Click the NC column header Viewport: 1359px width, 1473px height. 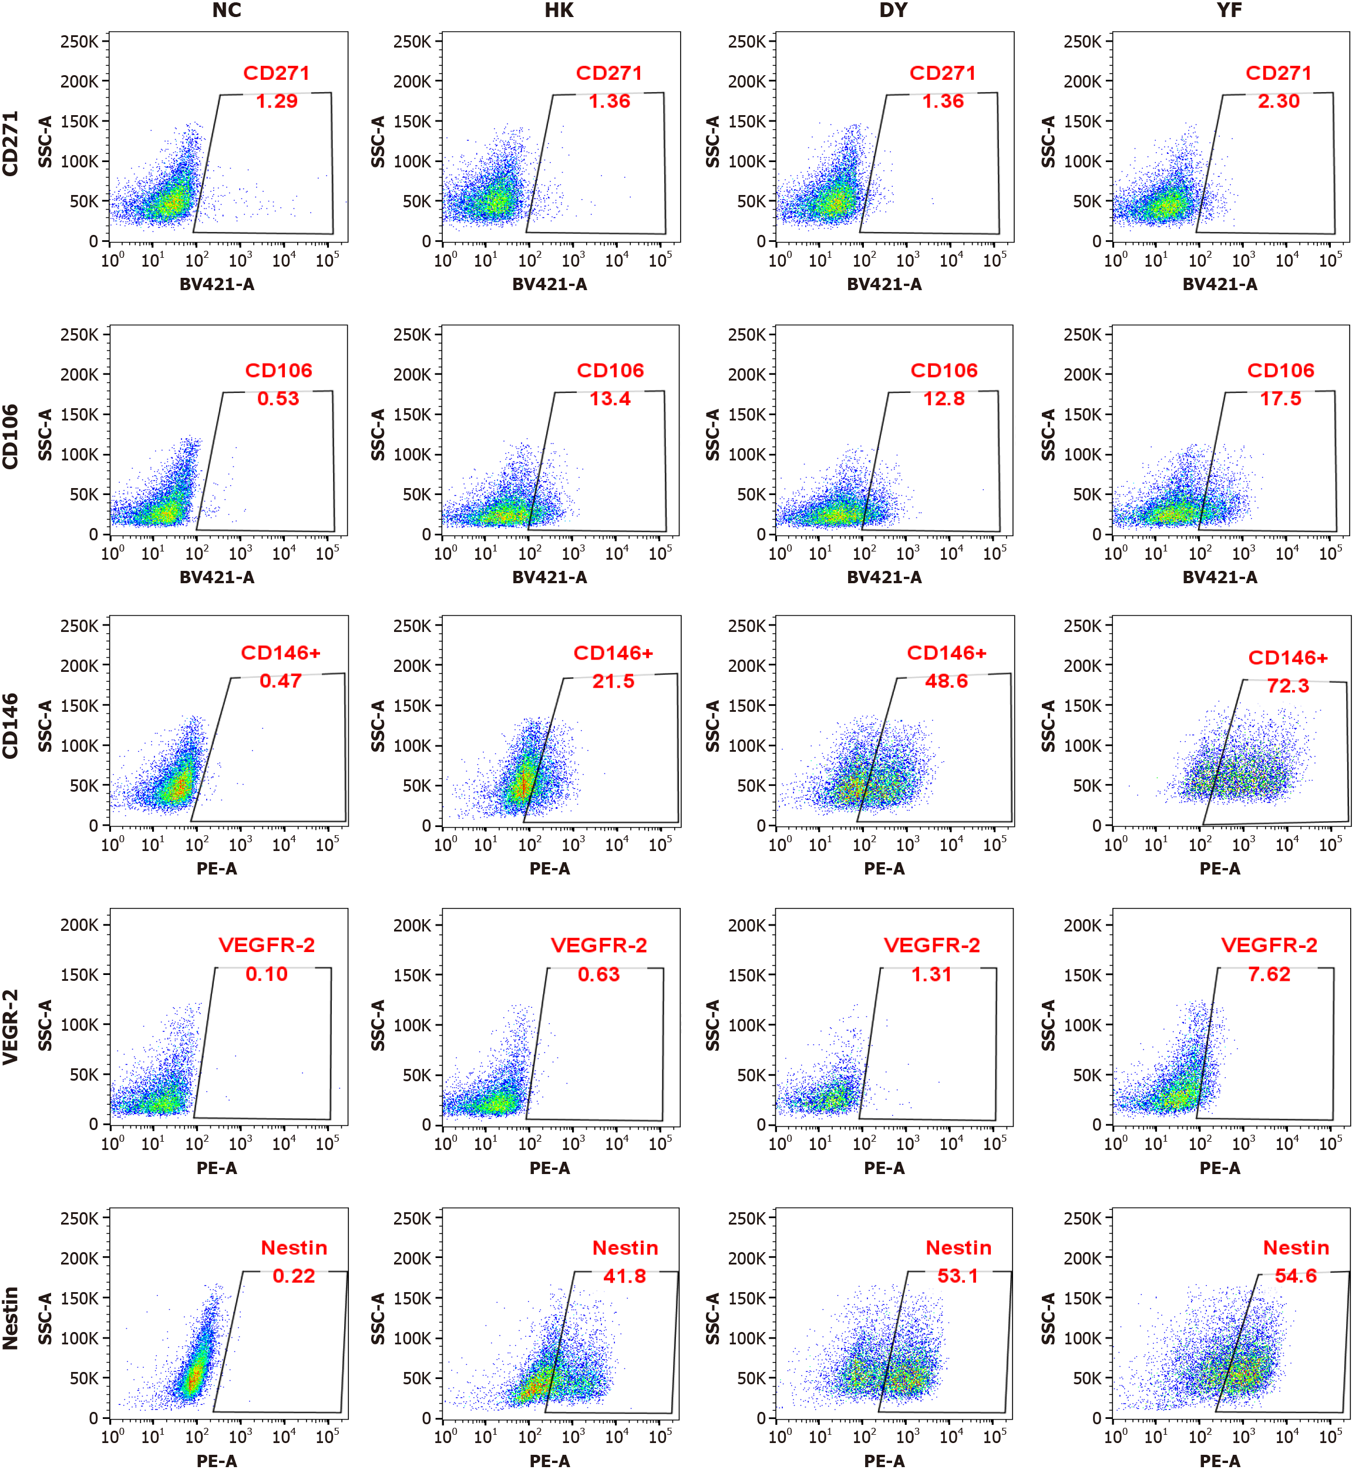pos(227,11)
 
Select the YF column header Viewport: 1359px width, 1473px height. pos(1229,11)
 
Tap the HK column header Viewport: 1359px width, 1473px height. pos(559,11)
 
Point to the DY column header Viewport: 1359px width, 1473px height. pos(893,11)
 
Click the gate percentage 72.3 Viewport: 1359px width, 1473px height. pos(1288,686)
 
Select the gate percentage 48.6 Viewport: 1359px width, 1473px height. pos(947,681)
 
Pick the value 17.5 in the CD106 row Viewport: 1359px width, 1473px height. pos(1280,399)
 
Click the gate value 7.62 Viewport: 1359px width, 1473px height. pos(1269,974)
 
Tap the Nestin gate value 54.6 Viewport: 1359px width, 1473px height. pos(1295,1276)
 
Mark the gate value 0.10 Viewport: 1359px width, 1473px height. pos(266,974)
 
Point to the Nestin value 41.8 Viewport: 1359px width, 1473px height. pos(624,1276)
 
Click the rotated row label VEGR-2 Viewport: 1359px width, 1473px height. pos(11,1027)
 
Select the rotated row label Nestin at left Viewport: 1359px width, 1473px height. pos(11,1319)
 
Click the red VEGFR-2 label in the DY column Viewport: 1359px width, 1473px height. pos(931,946)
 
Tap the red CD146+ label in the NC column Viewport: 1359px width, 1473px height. pos(280,653)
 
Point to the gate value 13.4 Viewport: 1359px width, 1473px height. pos(610,399)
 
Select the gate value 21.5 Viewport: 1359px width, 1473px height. pos(613,681)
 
